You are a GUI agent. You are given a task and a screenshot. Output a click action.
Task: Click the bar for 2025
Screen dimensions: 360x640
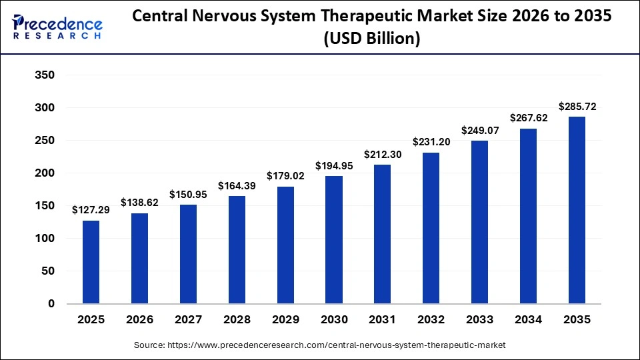91,262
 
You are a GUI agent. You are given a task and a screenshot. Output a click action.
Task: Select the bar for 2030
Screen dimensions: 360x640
334,240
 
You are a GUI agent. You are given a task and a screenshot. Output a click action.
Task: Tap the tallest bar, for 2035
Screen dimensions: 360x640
577,210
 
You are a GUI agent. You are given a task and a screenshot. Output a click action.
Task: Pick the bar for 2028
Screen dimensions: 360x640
237,250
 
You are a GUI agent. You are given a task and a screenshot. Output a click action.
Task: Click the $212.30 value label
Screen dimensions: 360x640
382,154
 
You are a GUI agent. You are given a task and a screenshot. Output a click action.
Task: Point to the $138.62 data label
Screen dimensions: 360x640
139,202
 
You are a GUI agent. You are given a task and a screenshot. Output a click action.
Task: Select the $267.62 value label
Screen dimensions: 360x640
528,118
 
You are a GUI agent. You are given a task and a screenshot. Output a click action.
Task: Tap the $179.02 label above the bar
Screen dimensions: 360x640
285,176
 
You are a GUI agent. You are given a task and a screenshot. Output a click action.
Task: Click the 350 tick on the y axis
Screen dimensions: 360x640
44,75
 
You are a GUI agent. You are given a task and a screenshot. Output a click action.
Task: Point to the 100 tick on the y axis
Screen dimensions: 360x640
44,239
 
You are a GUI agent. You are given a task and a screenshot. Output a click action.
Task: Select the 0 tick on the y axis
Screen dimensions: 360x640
51,304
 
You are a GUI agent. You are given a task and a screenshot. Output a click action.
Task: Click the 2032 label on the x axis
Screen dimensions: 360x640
431,320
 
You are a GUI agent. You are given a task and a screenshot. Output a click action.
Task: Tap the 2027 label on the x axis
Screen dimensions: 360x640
188,320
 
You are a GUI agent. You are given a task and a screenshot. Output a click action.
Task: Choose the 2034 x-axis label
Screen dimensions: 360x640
528,320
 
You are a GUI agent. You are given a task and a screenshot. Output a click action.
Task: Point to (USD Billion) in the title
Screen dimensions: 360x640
372,39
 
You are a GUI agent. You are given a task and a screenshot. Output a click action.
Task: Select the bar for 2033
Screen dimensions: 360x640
479,222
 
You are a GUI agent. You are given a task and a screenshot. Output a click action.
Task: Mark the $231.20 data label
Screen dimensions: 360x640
431,142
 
